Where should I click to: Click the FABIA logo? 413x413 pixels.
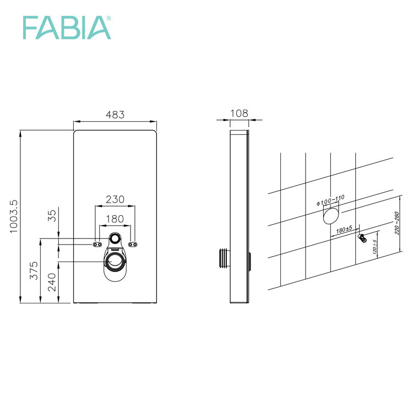(x=66, y=27)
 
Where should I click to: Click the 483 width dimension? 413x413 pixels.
(x=115, y=115)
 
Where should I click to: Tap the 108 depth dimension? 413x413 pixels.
(x=239, y=113)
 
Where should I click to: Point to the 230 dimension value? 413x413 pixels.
(x=115, y=199)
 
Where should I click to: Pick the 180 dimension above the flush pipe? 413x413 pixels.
(x=115, y=219)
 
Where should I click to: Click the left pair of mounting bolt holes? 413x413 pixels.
(x=97, y=244)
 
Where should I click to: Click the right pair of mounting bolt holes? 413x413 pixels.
(x=132, y=244)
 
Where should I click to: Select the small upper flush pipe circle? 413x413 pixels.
(x=115, y=238)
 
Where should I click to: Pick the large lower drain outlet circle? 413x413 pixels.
(x=115, y=260)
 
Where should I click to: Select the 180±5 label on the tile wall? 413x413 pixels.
(x=345, y=230)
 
